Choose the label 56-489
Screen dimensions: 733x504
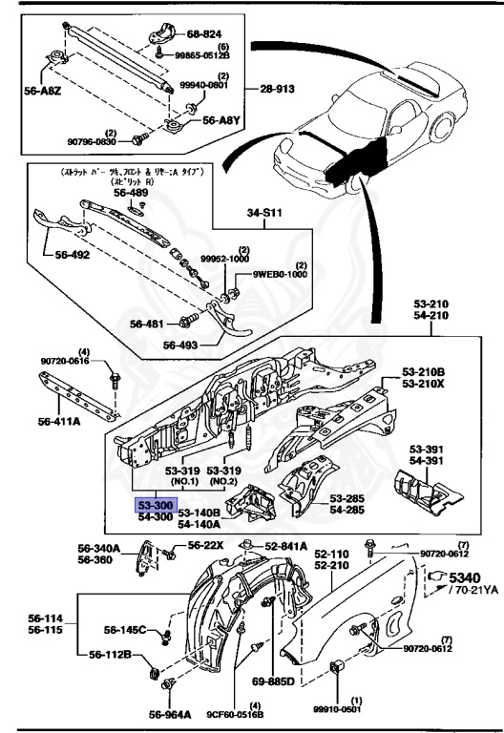132,193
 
